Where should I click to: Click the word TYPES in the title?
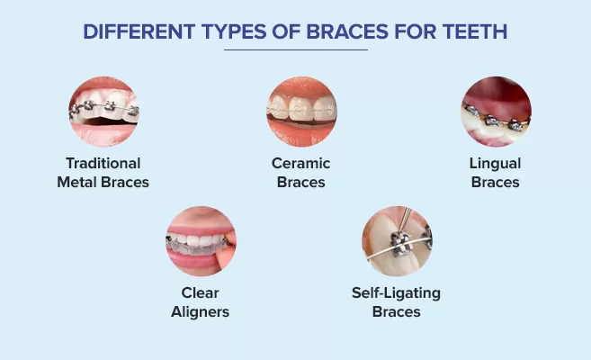pyautogui.click(x=231, y=31)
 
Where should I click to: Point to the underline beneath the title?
pyautogui.click(x=295, y=49)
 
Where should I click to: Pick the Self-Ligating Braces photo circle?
pyautogui.click(x=397, y=240)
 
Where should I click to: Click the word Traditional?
pyautogui.click(x=104, y=164)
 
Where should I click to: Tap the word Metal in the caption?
pyautogui.click(x=85, y=182)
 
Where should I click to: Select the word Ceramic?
pyautogui.click(x=301, y=164)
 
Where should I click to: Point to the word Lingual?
pyautogui.click(x=495, y=164)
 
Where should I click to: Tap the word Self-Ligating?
pyautogui.click(x=396, y=293)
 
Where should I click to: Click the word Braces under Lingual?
pyautogui.click(x=495, y=182)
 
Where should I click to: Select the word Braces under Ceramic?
pyautogui.click(x=301, y=182)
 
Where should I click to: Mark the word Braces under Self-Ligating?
pyautogui.click(x=396, y=311)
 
